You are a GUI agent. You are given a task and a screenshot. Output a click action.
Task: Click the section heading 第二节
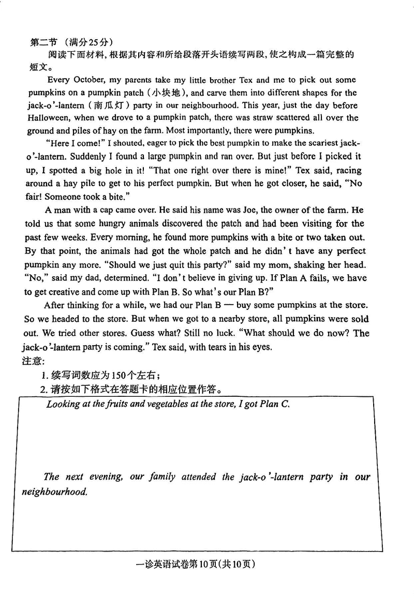pyautogui.click(x=43, y=42)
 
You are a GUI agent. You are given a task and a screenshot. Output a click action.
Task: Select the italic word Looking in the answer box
pyautogui.click(x=62, y=404)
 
